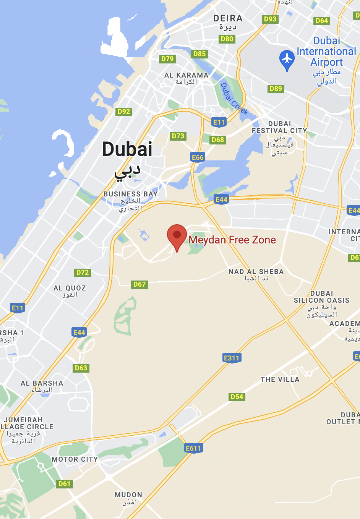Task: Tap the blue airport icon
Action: coord(287,59)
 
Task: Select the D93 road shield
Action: coord(270,19)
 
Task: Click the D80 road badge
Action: coord(227,39)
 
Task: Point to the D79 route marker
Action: coord(167,59)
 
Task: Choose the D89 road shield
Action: coord(276,89)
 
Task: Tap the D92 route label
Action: coord(124,112)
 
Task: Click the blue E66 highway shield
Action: coord(198,157)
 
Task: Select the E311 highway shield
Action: coord(232,358)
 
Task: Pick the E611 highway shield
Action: coord(193,448)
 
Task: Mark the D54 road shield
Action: coord(237,397)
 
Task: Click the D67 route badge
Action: coord(139,284)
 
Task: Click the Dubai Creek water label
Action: coord(234,99)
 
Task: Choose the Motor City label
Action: coord(75,459)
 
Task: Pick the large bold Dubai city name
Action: coord(127,149)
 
